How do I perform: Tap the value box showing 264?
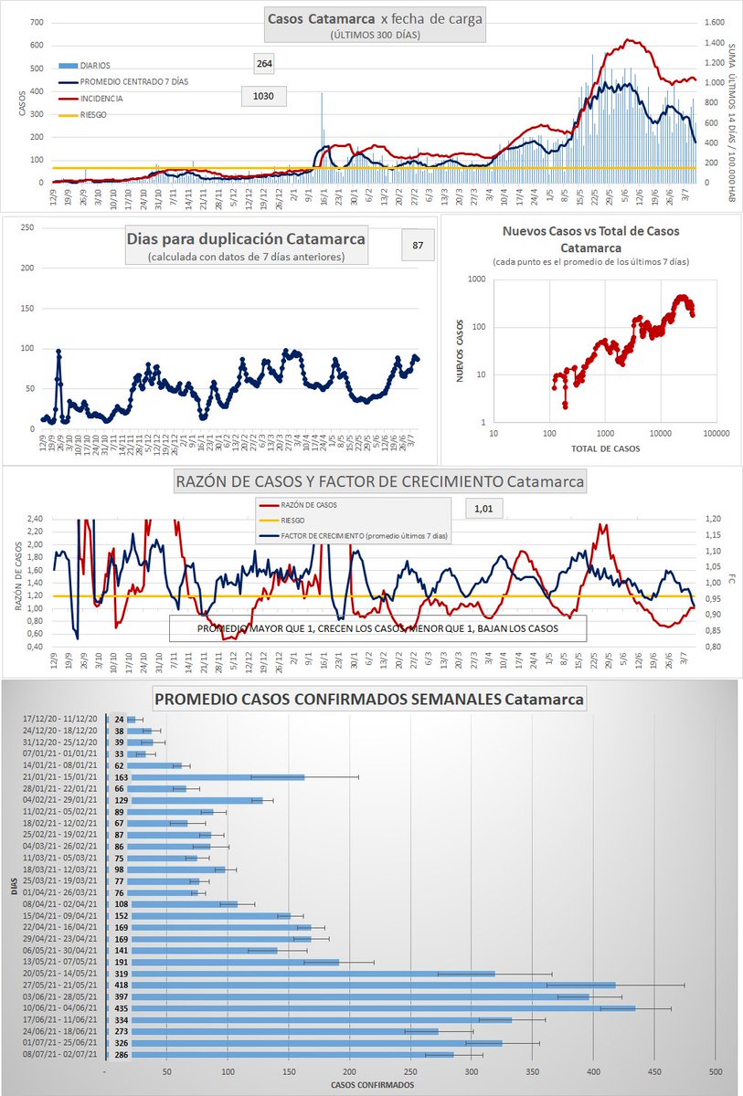coord(265,63)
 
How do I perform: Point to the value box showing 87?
coord(418,245)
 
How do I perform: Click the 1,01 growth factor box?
coord(483,509)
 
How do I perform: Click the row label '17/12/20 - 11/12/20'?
coord(63,720)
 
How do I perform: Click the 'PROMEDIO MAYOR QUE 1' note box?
coord(377,629)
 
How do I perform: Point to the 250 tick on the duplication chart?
coord(28,227)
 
